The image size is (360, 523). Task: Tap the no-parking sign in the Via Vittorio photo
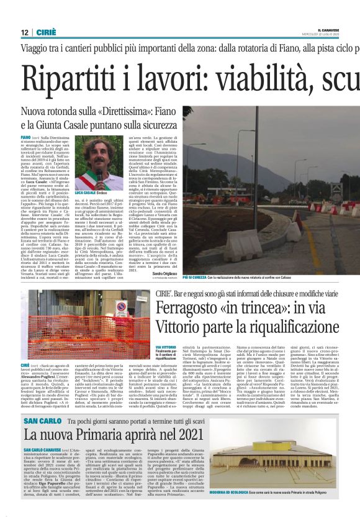(120, 309)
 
